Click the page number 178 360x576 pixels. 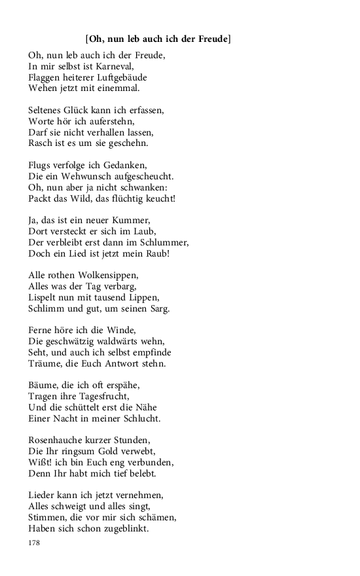tap(35, 543)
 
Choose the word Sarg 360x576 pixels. tap(156, 308)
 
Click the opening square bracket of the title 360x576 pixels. tap(87, 39)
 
